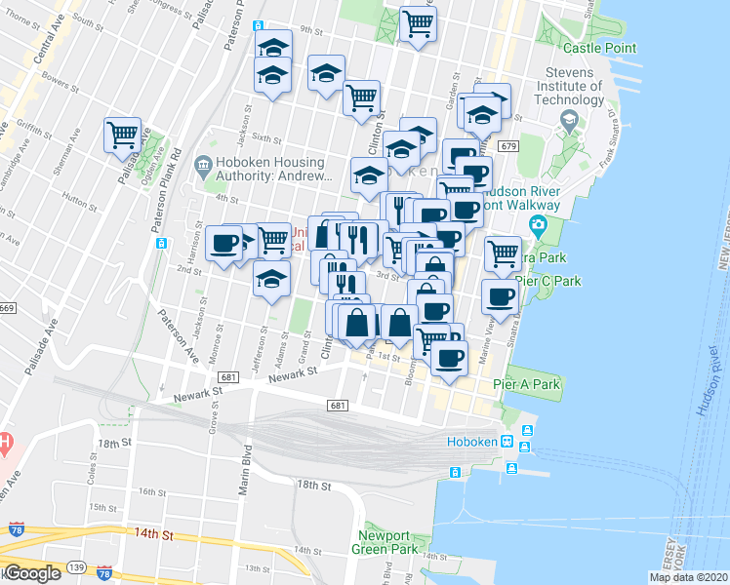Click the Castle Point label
click(599, 48)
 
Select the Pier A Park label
click(527, 385)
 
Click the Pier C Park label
click(548, 281)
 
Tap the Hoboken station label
click(472, 441)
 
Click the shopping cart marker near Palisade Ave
click(123, 136)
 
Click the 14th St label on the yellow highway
click(153, 535)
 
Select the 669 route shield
click(7, 309)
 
